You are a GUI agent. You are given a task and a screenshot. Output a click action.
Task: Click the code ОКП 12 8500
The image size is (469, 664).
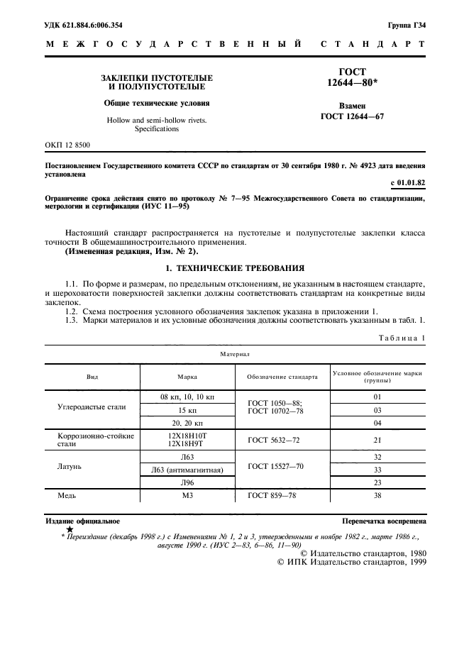pyautogui.click(x=68, y=145)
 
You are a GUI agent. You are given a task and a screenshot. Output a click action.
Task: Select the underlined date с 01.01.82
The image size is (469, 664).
pyautogui.click(x=407, y=183)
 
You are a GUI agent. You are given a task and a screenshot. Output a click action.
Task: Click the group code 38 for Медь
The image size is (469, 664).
pyautogui.click(x=377, y=495)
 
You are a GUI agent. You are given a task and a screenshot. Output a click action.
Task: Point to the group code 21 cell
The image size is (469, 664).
pyautogui.click(x=377, y=439)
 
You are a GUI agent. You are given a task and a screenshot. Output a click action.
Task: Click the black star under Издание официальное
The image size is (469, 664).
pyautogui.click(x=70, y=529)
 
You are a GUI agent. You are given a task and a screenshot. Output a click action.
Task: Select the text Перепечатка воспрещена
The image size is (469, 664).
pyautogui.click(x=384, y=521)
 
